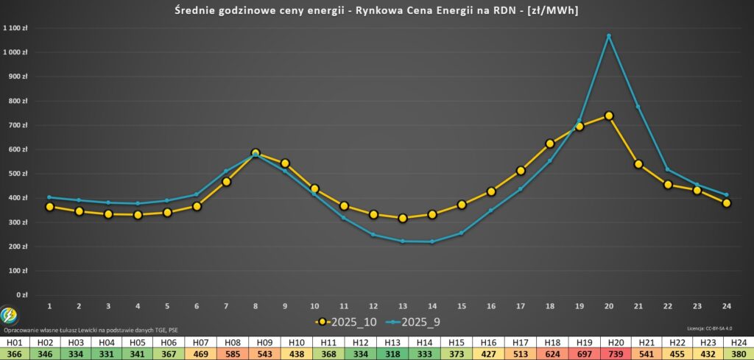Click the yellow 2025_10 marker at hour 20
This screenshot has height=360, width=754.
click(609, 116)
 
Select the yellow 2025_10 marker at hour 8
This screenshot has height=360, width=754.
click(256, 153)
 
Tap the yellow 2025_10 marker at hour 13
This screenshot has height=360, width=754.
click(403, 218)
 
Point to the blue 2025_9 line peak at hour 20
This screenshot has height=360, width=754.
click(609, 35)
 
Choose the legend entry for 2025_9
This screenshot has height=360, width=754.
click(413, 322)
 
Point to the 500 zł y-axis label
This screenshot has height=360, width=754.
click(18, 174)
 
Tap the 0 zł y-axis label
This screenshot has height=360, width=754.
click(22, 295)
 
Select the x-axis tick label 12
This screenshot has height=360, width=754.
click(373, 306)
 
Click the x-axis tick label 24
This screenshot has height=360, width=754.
click(727, 306)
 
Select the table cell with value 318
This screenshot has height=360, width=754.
click(392, 353)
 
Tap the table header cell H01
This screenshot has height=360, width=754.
click(13, 342)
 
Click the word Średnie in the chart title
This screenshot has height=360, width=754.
click(198, 10)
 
